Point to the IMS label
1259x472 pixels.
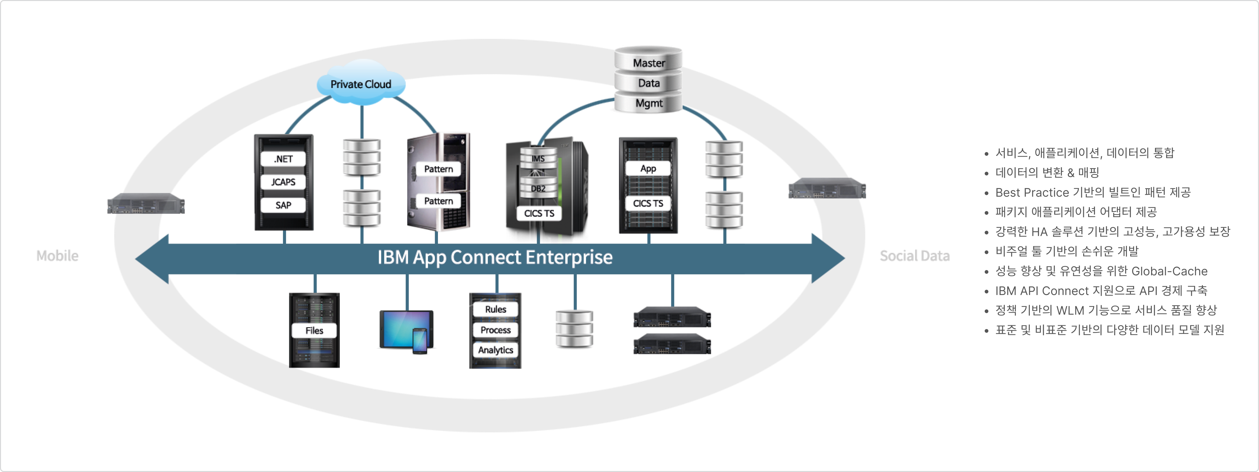coord(538,159)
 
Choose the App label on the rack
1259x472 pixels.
coord(648,169)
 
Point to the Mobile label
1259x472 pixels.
coord(57,256)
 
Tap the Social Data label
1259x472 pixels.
coord(914,256)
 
